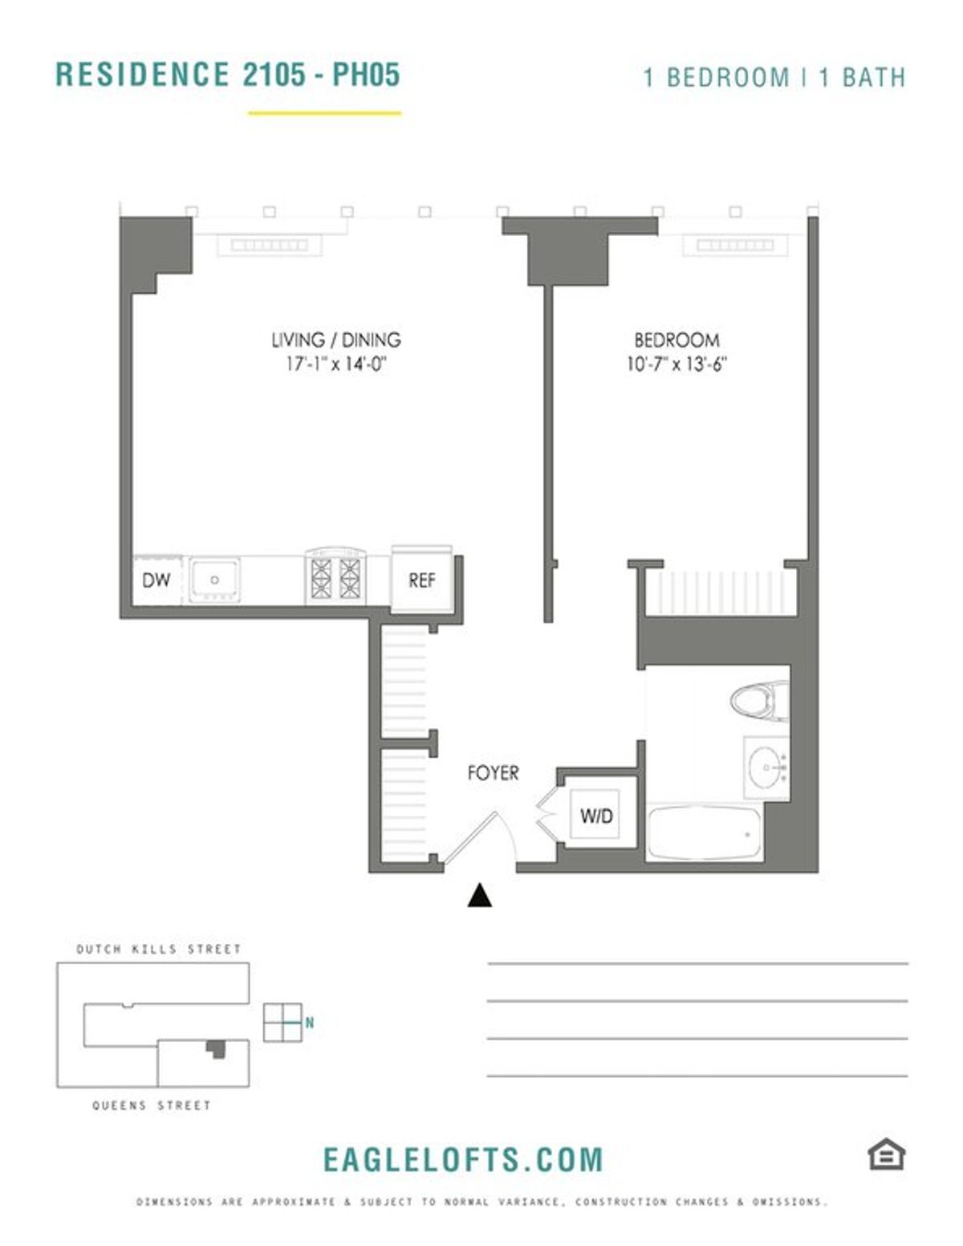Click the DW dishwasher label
pyautogui.click(x=156, y=580)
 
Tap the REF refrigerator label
pyautogui.click(x=421, y=580)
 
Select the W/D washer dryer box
pyautogui.click(x=595, y=815)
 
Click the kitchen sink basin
pyautogui.click(x=214, y=580)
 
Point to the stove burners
pyautogui.click(x=335, y=578)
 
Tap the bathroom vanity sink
pyautogui.click(x=766, y=768)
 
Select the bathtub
pyautogui.click(x=704, y=833)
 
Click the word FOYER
pyautogui.click(x=493, y=773)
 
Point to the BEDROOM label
pyautogui.click(x=677, y=340)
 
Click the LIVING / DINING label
pyautogui.click(x=336, y=340)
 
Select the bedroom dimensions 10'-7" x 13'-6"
pyautogui.click(x=677, y=364)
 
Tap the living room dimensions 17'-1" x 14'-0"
pyautogui.click(x=337, y=364)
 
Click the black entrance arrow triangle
pyautogui.click(x=479, y=895)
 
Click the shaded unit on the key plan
pyautogui.click(x=216, y=1049)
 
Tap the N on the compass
pyautogui.click(x=309, y=1022)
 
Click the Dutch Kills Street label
pyautogui.click(x=159, y=950)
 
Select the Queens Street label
pyautogui.click(x=152, y=1105)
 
